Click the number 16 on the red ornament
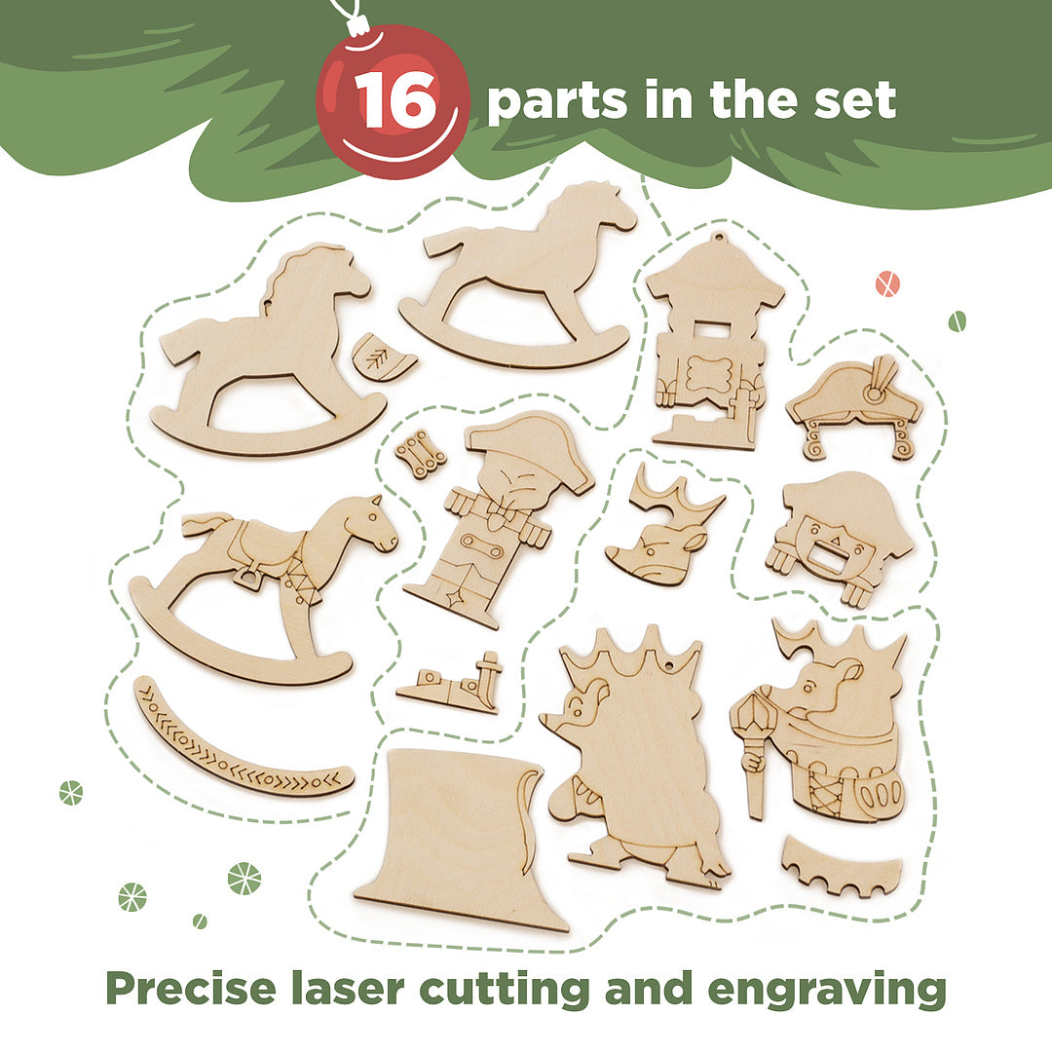(397, 100)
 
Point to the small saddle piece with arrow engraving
(384, 357)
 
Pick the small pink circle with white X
(887, 283)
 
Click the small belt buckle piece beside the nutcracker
(421, 454)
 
